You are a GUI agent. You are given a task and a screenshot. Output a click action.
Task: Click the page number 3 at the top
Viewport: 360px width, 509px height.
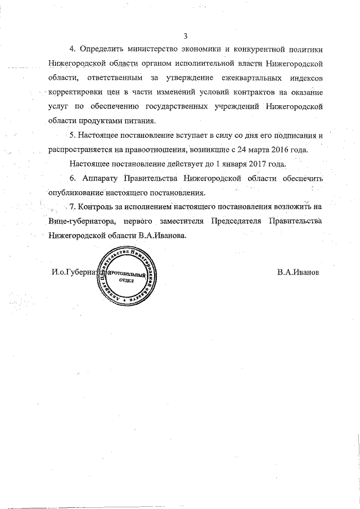click(185, 37)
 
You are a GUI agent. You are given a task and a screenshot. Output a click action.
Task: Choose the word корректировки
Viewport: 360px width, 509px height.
click(76, 91)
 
